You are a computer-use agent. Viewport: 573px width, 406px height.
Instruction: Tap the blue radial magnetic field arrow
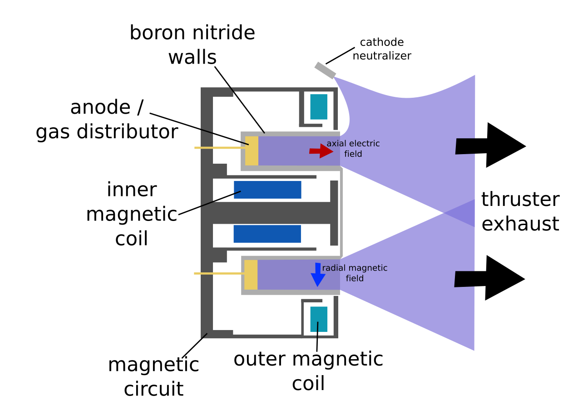pos(318,275)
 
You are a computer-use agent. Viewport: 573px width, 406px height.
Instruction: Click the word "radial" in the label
pos(334,268)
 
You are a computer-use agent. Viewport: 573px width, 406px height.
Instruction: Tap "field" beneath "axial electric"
pos(353,155)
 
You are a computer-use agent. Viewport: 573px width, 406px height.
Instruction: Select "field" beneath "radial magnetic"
pos(354,279)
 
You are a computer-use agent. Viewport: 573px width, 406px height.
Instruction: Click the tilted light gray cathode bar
pos(325,70)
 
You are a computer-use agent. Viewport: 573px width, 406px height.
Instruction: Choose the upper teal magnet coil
pos(319,107)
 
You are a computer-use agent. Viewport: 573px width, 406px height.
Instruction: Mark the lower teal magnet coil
pos(319,319)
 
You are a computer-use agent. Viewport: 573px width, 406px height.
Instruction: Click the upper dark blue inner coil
pos(267,190)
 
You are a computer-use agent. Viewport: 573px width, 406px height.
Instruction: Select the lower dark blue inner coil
pos(267,234)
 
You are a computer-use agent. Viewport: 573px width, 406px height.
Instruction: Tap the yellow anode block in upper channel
pos(252,151)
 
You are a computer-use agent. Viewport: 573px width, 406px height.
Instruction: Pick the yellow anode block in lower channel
pos(251,275)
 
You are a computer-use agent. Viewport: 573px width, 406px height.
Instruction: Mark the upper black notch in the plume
pos(465,146)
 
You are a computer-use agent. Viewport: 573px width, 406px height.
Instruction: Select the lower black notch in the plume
pos(464,279)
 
